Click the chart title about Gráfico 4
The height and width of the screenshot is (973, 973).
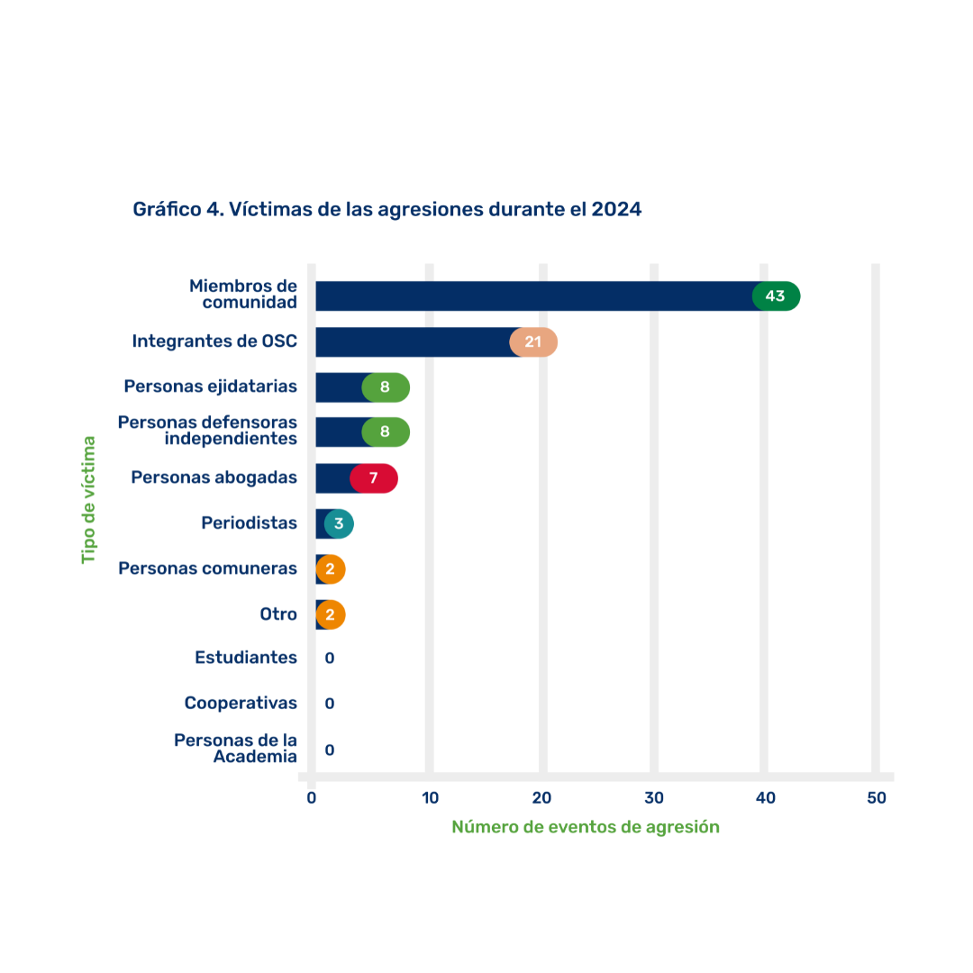pos(386,209)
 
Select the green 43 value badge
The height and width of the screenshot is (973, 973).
pos(776,296)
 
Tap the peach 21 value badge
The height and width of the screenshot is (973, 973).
pos(533,341)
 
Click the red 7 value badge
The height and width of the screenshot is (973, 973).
pos(374,477)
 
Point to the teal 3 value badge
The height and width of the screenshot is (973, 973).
pos(339,523)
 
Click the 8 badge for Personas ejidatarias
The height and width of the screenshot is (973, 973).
pos(386,387)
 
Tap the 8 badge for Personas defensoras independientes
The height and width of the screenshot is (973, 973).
pos(386,432)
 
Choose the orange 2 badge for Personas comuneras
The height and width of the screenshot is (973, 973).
pos(331,568)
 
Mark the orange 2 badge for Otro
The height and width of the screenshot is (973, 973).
pos(331,614)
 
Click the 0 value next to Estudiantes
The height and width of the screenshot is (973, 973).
pos(330,659)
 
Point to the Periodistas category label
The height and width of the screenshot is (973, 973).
pos(250,523)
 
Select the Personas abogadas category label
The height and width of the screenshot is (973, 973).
pos(214,477)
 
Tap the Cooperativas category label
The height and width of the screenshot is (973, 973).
pos(241,703)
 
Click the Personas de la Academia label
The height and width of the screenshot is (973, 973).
pos(236,748)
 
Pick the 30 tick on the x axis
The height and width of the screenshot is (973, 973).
pos(654,798)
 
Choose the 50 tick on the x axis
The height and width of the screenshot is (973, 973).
pos(877,798)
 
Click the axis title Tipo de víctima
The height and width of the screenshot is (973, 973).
pos(88,500)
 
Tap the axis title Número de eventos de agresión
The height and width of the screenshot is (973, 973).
pos(586,827)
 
